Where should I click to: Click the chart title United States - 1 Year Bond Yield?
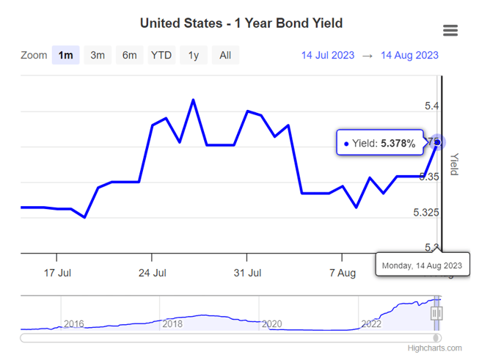(241, 23)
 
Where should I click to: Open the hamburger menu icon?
(450, 30)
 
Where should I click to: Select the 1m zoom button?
(65, 55)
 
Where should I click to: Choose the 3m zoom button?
(98, 55)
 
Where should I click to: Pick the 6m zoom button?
(129, 55)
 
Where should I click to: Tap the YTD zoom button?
(161, 55)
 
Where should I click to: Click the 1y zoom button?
(193, 55)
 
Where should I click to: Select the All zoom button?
(225, 55)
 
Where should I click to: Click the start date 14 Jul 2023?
(328, 55)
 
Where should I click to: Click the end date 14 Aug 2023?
(409, 55)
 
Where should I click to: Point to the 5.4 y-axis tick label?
(432, 106)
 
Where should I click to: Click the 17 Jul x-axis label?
(57, 273)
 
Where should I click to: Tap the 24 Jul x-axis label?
(152, 273)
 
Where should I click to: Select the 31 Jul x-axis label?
(247, 273)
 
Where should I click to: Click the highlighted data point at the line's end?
(438, 142)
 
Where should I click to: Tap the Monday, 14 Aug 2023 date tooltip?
(423, 265)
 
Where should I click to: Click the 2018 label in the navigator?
(172, 323)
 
